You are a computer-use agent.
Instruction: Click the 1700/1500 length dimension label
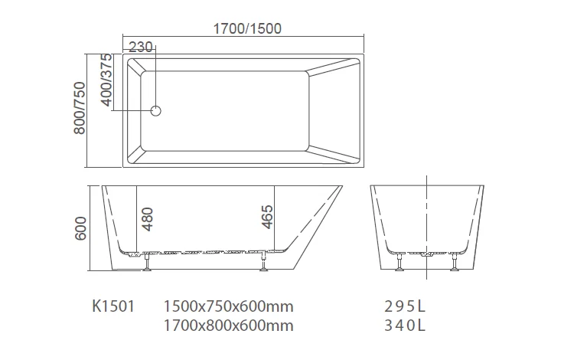click(x=246, y=29)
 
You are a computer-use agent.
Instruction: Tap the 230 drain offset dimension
click(x=140, y=47)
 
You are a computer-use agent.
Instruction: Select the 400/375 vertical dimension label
click(x=107, y=79)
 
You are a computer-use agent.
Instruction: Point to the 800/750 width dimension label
click(x=79, y=110)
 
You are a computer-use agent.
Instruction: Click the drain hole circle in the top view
click(x=156, y=110)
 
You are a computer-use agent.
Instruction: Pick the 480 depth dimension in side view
click(x=148, y=220)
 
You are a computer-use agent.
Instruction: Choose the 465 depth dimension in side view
click(x=266, y=217)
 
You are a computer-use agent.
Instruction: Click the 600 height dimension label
click(x=82, y=227)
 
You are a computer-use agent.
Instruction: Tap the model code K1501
click(x=113, y=306)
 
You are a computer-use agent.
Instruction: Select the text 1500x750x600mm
click(x=228, y=306)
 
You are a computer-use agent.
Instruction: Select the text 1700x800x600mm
click(x=228, y=326)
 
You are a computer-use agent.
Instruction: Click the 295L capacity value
click(x=404, y=306)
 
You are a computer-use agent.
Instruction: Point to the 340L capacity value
click(x=404, y=326)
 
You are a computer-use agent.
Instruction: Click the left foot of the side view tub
click(x=146, y=263)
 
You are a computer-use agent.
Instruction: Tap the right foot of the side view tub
click(x=264, y=263)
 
